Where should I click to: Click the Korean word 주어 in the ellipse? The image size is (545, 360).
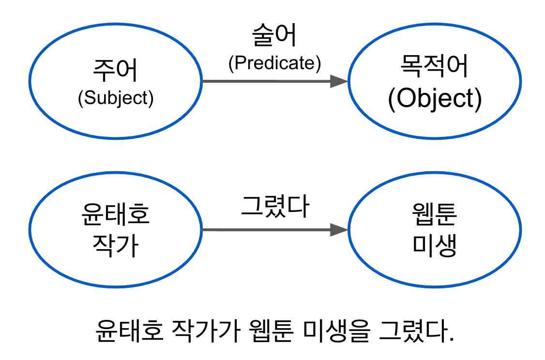[115, 71]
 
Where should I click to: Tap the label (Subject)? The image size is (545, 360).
[116, 98]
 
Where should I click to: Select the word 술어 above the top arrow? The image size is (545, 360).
[274, 35]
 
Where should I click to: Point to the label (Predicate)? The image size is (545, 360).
[274, 63]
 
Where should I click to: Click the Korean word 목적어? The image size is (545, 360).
[435, 66]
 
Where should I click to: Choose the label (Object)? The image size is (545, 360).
[435, 99]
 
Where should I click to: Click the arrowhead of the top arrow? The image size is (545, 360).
[339, 81]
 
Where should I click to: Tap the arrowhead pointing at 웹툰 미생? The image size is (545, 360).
[339, 230]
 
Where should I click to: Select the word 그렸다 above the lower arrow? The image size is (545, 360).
[275, 207]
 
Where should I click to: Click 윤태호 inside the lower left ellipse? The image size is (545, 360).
[116, 214]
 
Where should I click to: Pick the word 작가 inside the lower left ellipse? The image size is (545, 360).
[116, 245]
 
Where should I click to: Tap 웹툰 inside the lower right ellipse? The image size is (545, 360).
[435, 214]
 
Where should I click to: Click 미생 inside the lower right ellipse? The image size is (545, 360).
[435, 245]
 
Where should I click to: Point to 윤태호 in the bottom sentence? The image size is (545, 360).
[129, 330]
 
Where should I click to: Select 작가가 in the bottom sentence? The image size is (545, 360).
[207, 330]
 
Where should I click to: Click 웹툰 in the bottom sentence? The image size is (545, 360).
[272, 330]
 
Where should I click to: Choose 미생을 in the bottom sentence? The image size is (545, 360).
[337, 330]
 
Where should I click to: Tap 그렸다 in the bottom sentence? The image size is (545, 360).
[417, 330]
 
